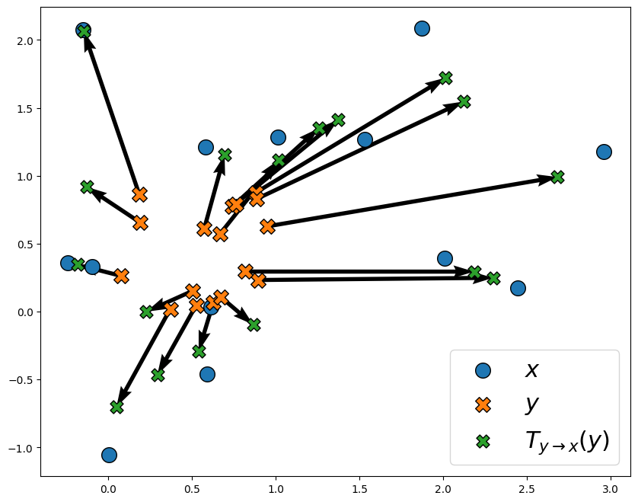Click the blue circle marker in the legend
483,370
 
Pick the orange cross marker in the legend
483,404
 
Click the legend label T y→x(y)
566,440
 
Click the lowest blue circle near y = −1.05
109,455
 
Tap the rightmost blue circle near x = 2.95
604,152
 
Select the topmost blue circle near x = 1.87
422,28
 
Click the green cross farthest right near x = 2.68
557,177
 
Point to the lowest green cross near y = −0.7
116,407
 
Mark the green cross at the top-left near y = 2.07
85,31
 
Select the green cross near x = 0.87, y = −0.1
254,325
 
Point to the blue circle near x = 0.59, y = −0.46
207,374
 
